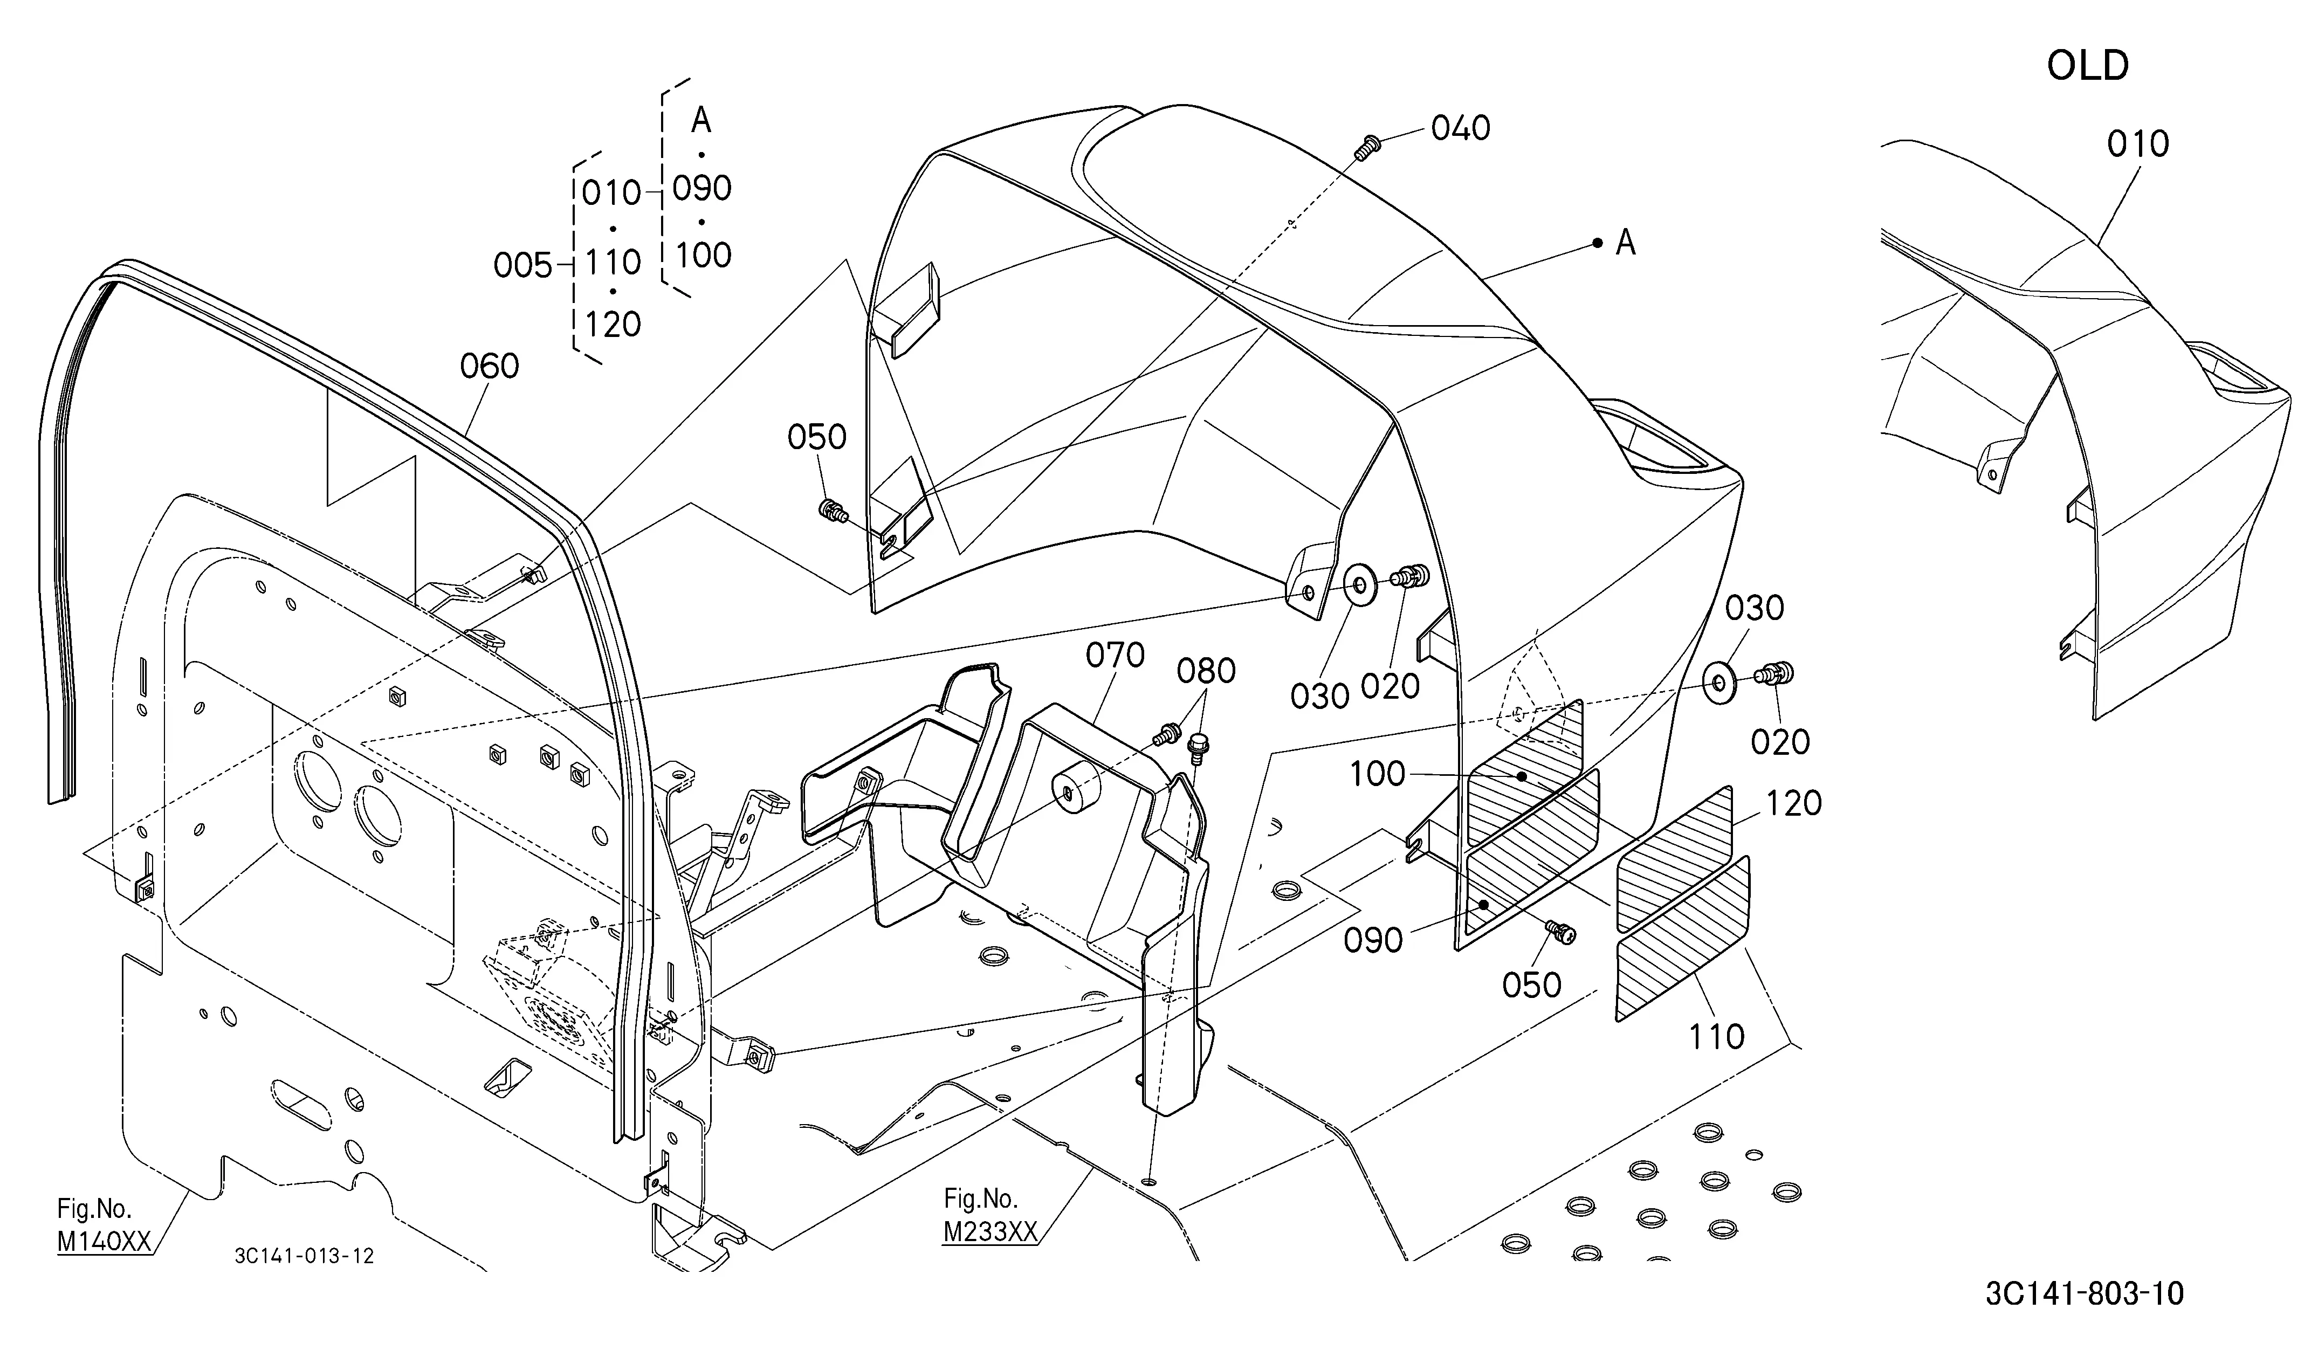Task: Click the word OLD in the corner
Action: pyautogui.click(x=2087, y=65)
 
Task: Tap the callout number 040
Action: pyautogui.click(x=1461, y=128)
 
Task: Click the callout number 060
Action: pyautogui.click(x=490, y=367)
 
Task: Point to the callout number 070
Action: pyautogui.click(x=1115, y=656)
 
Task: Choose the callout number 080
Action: pyautogui.click(x=1206, y=671)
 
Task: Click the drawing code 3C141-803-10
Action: pyautogui.click(x=2085, y=1294)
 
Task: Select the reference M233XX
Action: pyautogui.click(x=991, y=1231)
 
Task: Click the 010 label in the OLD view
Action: pyautogui.click(x=2138, y=144)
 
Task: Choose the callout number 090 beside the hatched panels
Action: pyautogui.click(x=1373, y=941)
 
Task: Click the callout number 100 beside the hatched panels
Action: pyautogui.click(x=1377, y=774)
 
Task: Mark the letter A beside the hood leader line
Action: pyautogui.click(x=1626, y=243)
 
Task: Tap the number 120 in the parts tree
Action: pyautogui.click(x=613, y=325)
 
